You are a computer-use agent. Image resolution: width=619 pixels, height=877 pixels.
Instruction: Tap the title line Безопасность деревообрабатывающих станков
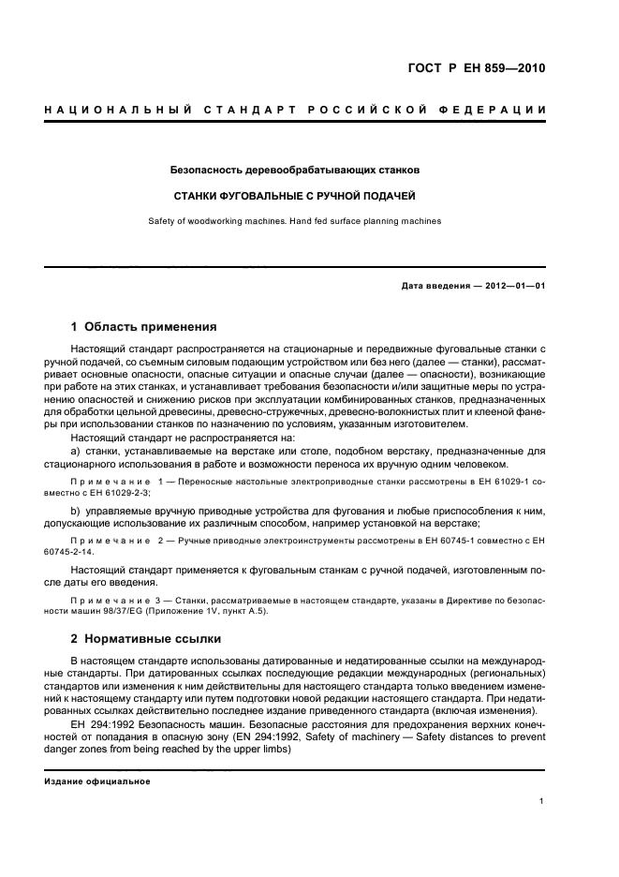(295, 171)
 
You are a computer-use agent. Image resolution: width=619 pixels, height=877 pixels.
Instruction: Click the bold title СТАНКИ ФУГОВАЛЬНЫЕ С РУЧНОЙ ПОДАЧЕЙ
(295, 197)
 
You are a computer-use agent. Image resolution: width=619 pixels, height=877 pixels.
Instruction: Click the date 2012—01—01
(514, 287)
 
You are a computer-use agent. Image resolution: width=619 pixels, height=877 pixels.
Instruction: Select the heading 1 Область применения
(144, 327)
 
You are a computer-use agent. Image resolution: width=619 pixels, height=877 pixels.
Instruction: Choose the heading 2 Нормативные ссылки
(147, 639)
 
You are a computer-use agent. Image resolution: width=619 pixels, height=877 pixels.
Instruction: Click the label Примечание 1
(112, 481)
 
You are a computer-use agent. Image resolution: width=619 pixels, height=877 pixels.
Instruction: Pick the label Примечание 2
(112, 542)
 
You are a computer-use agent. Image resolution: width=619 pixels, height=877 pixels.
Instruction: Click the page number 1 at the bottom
(542, 802)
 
